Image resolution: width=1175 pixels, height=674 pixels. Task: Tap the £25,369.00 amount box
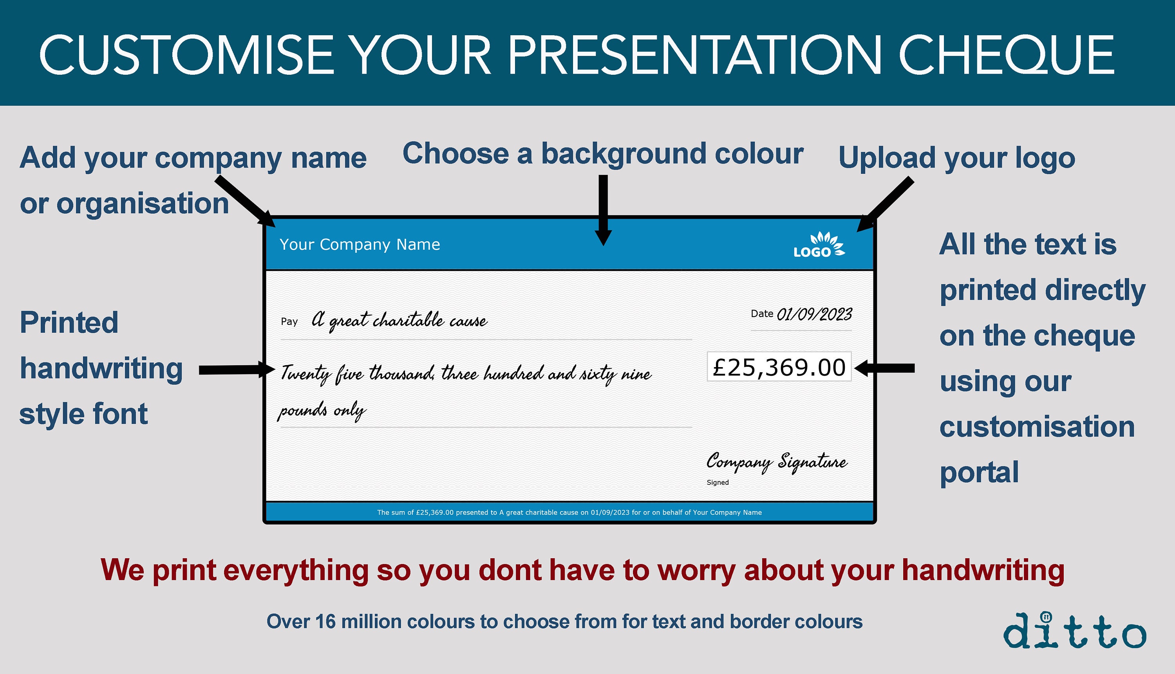(x=779, y=367)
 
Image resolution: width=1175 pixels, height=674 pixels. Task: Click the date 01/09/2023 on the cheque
(x=814, y=315)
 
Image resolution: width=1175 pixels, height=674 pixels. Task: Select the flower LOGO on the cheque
(x=819, y=245)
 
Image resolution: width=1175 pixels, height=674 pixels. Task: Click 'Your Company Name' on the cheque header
(x=360, y=244)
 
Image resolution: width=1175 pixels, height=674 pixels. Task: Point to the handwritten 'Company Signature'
(x=777, y=462)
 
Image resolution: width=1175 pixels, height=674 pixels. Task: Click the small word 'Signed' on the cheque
(x=718, y=482)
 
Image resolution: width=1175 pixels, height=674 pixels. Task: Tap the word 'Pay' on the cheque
(x=289, y=322)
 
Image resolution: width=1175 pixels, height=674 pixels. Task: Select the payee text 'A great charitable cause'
(x=399, y=320)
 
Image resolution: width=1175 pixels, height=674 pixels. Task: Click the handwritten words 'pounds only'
(x=322, y=411)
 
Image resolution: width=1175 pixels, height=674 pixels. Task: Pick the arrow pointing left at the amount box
(x=885, y=368)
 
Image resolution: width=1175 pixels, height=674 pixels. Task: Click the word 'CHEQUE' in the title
(x=1006, y=55)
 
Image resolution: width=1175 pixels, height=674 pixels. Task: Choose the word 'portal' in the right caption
(x=979, y=473)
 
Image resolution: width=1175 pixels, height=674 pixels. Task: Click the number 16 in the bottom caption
(x=325, y=622)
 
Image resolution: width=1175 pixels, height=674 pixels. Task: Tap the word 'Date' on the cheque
(x=762, y=314)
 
